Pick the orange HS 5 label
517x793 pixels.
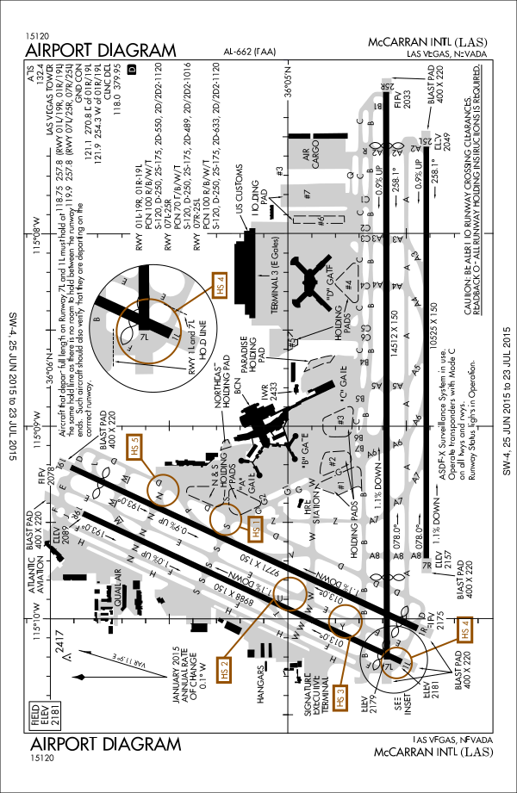[134, 448]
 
